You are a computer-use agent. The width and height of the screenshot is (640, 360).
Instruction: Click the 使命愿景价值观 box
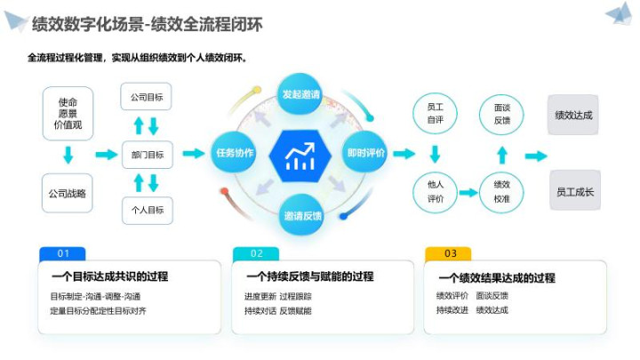click(x=68, y=113)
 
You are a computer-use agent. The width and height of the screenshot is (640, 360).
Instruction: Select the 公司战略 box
click(x=68, y=192)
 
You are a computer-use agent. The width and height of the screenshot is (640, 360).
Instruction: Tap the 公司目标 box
click(x=147, y=97)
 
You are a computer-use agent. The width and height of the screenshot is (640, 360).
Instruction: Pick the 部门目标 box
click(x=147, y=154)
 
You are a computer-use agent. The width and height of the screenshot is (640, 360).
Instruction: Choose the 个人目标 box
click(x=147, y=211)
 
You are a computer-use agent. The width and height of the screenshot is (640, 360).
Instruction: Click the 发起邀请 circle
click(x=301, y=94)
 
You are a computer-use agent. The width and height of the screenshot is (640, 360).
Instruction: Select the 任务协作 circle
click(x=235, y=153)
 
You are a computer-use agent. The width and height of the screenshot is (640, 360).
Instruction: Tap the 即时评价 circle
click(x=366, y=153)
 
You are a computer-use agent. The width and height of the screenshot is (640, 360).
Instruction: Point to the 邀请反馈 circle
click(x=302, y=215)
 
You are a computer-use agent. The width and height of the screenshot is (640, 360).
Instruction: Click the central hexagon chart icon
click(x=301, y=155)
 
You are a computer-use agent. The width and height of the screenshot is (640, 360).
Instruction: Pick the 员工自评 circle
click(x=435, y=112)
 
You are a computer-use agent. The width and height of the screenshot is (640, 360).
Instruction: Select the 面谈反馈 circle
click(x=501, y=113)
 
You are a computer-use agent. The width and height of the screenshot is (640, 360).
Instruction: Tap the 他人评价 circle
click(x=435, y=191)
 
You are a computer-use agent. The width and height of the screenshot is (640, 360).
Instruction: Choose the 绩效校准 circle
click(x=501, y=191)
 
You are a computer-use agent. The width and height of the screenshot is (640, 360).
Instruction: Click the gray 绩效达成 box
click(x=573, y=115)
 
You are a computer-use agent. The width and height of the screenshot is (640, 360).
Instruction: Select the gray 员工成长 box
click(x=573, y=191)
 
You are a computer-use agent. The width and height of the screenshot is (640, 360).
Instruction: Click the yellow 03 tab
click(x=450, y=253)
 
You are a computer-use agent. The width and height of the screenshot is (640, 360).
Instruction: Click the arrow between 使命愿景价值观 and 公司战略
click(x=68, y=156)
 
